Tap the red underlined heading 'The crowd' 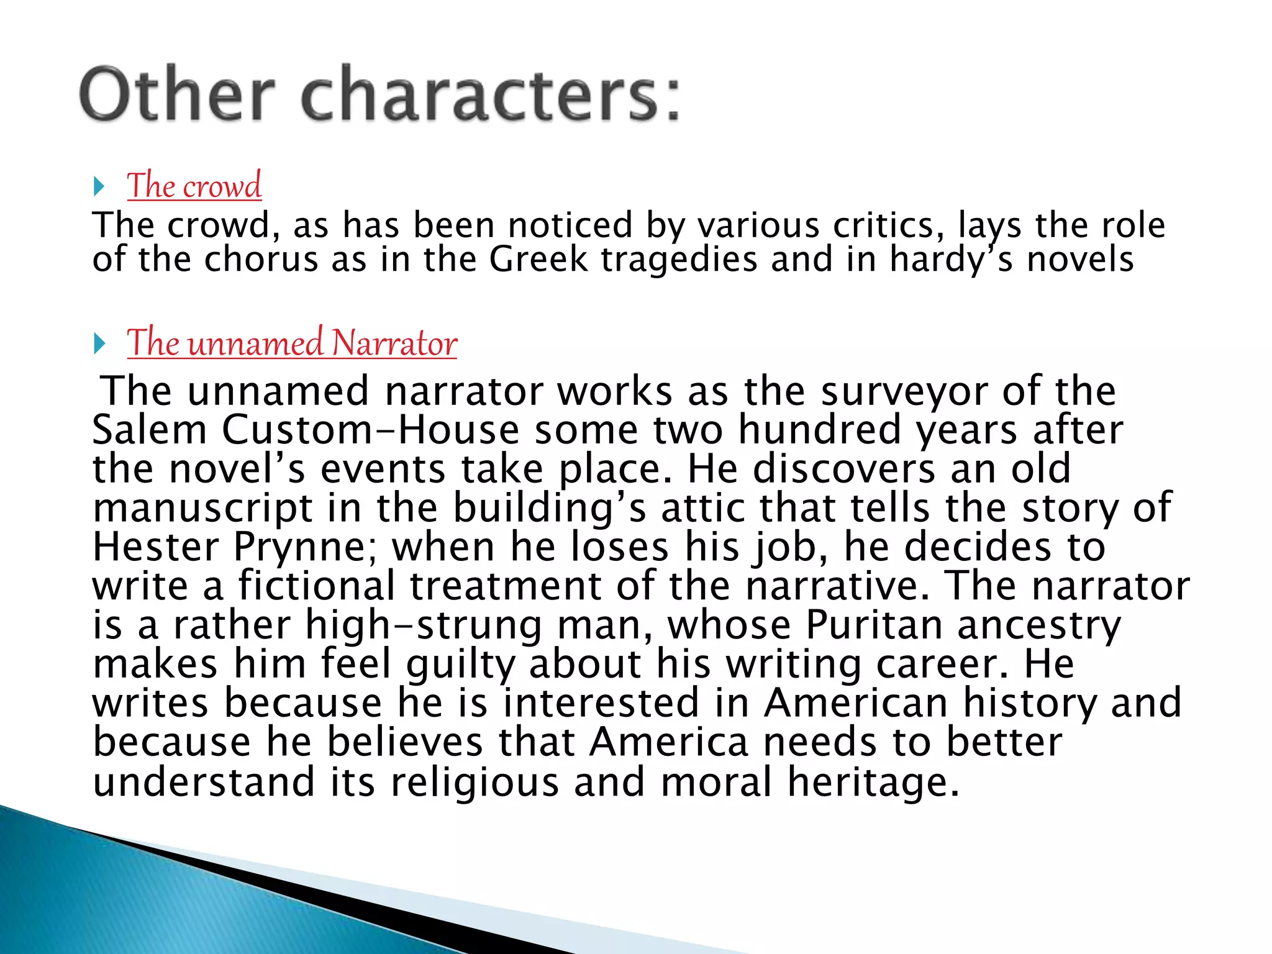coord(194,185)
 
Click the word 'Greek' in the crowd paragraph coord(538,259)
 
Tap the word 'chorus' coord(261,259)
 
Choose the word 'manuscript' coord(202,508)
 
